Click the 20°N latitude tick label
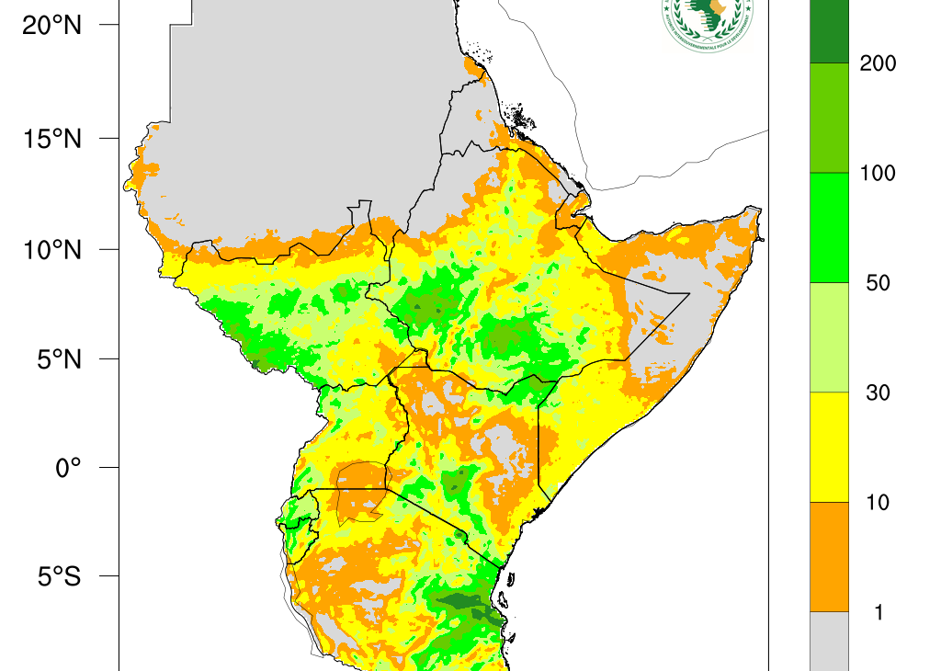[52, 26]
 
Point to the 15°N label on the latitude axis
[52, 139]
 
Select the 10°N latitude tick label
[52, 249]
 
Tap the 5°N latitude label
[58, 358]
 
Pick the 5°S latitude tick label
[58, 577]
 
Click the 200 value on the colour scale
[877, 63]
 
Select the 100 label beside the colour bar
[877, 173]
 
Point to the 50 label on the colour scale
[879, 283]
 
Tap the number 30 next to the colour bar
[879, 392]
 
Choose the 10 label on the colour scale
[879, 503]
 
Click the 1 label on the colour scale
[879, 612]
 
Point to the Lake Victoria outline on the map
[361, 492]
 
